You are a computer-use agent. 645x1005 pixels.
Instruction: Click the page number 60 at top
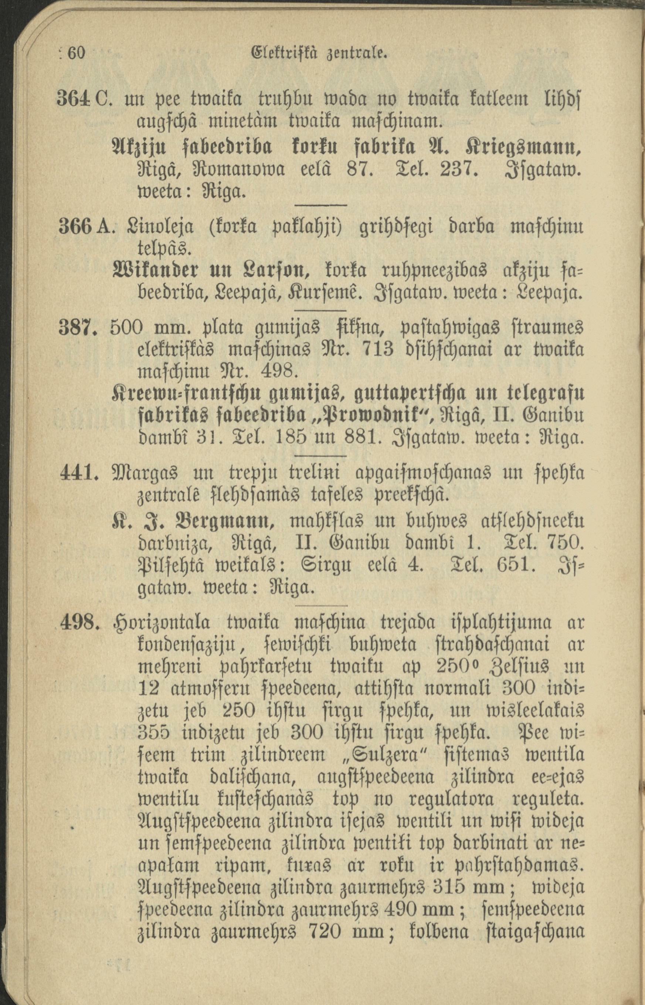76,54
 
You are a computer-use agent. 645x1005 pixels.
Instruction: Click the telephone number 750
564,544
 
